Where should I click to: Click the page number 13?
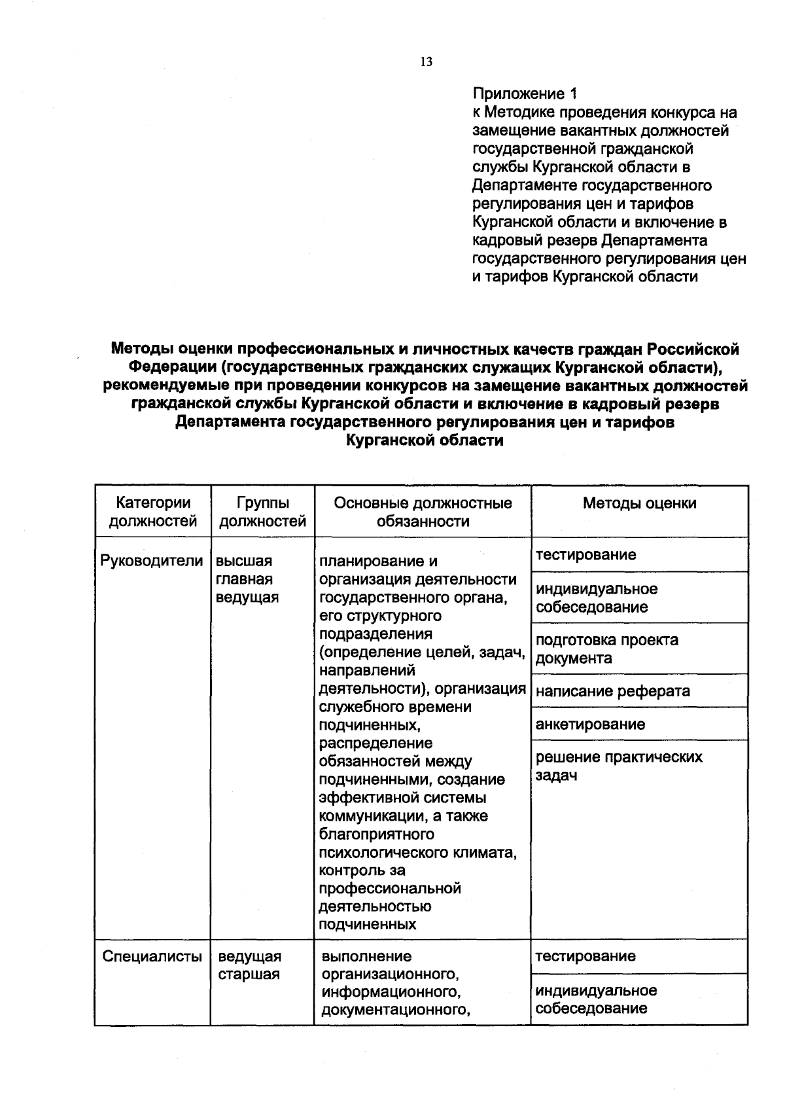tap(426, 62)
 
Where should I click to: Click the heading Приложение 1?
tap(525, 94)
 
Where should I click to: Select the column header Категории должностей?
tap(153, 512)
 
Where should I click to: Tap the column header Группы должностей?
tap(262, 512)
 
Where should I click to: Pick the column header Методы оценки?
tap(639, 503)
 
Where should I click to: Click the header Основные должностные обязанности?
tap(423, 512)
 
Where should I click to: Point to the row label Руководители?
tap(152, 561)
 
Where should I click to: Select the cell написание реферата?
tap(613, 691)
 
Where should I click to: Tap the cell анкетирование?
tap(590, 724)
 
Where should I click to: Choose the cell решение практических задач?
tap(619, 766)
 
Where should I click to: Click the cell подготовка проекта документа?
tap(606, 649)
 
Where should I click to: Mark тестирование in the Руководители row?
tap(586, 555)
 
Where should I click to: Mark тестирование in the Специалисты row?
tap(585, 956)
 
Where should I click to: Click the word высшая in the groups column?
tap(244, 562)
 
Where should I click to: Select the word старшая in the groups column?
tap(249, 974)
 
